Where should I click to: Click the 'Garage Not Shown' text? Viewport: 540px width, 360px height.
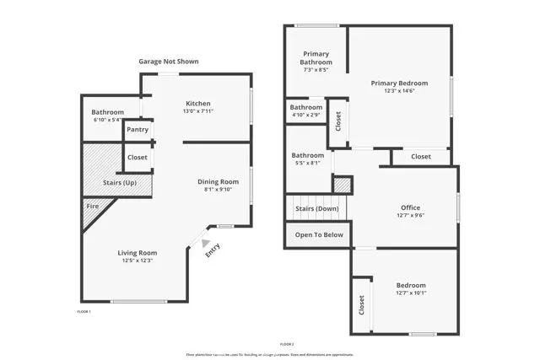click(169, 62)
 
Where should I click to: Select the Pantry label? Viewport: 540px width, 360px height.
click(138, 129)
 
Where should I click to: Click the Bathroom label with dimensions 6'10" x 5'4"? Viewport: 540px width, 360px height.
click(108, 112)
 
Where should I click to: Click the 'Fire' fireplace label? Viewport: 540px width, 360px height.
click(92, 205)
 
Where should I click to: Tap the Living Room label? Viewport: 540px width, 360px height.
click(136, 252)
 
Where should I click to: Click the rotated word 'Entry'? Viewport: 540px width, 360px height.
click(213, 251)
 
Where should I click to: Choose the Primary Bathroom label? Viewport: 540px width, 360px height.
click(315, 58)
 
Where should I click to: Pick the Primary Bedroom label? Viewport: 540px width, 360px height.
click(400, 83)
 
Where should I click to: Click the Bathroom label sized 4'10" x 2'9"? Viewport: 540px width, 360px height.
click(305, 108)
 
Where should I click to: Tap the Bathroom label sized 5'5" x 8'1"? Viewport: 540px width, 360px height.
click(308, 155)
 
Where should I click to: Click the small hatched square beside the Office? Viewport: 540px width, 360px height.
click(342, 184)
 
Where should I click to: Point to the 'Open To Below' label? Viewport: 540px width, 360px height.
click(319, 234)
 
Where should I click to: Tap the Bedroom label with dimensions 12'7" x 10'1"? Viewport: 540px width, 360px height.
click(411, 285)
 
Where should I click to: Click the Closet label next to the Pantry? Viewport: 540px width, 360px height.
click(138, 158)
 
